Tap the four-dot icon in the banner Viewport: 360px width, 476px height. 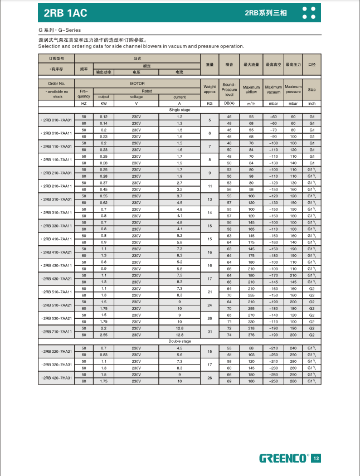309,12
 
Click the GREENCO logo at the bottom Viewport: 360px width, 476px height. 283,458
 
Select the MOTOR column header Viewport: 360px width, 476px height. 137,84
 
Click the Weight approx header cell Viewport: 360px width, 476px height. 210,89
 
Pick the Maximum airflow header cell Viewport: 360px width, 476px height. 251,89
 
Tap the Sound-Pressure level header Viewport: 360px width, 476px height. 229,89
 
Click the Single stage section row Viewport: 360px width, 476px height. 179,110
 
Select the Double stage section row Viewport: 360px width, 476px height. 179,341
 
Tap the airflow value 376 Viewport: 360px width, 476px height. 251,335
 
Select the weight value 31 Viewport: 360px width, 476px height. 210,332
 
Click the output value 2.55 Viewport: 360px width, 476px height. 103,335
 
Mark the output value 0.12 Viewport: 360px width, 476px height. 103,116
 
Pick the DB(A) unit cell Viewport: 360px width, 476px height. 229,104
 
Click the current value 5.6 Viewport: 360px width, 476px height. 179,354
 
